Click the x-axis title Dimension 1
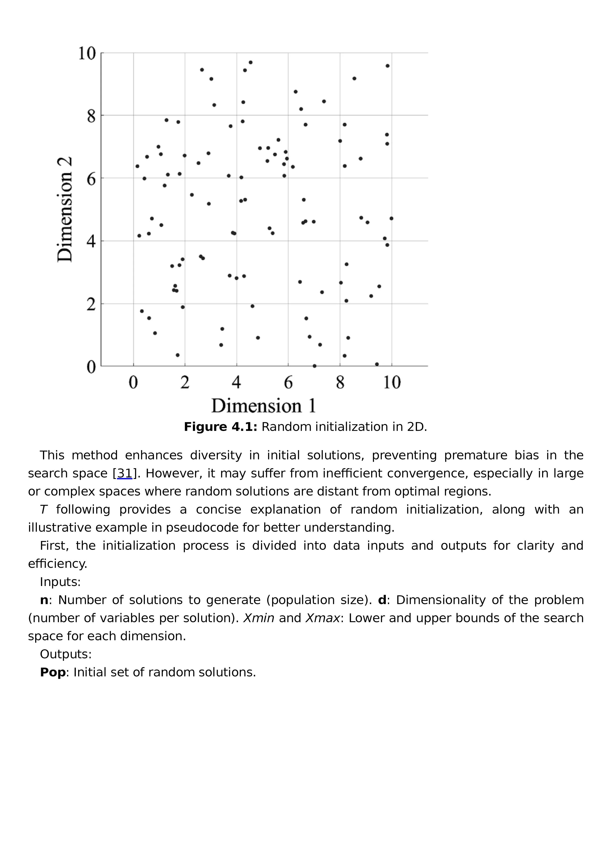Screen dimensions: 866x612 point(263,406)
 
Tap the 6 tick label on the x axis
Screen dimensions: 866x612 point(288,383)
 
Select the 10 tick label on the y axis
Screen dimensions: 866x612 point(87,53)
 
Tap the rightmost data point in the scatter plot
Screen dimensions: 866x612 point(391,218)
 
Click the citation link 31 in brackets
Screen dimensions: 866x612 point(125,473)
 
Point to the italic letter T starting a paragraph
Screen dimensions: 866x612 point(43,510)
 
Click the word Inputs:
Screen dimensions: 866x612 point(60,582)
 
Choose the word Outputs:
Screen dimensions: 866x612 point(66,654)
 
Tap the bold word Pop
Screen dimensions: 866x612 point(53,672)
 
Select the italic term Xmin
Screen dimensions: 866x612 point(259,618)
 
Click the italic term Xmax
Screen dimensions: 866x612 point(323,618)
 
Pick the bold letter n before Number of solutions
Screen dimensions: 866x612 point(44,600)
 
